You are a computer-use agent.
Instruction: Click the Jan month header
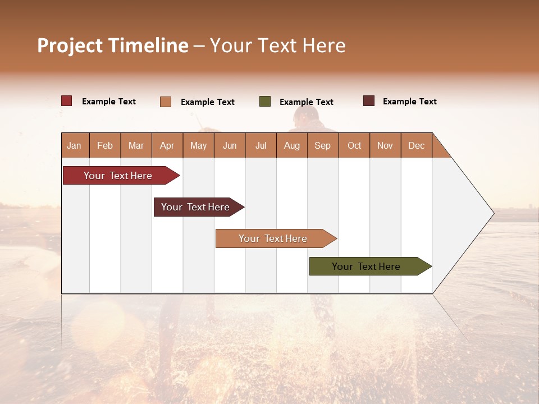74,145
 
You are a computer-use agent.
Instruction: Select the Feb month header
105,145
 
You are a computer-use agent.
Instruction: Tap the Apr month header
167,145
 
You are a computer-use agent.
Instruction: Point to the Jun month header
230,145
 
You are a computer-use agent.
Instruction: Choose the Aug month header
291,145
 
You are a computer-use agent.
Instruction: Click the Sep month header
322,145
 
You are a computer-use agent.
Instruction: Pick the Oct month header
354,145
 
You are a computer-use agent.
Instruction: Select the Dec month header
416,145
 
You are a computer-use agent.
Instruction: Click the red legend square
67,101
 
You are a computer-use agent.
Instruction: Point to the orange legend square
166,102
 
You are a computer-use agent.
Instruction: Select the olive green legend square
265,102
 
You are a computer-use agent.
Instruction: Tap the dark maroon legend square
369,101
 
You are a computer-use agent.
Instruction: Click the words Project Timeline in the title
113,45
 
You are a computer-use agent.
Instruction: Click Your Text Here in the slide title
277,45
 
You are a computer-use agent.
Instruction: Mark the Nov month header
385,145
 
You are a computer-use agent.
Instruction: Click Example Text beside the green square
306,102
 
